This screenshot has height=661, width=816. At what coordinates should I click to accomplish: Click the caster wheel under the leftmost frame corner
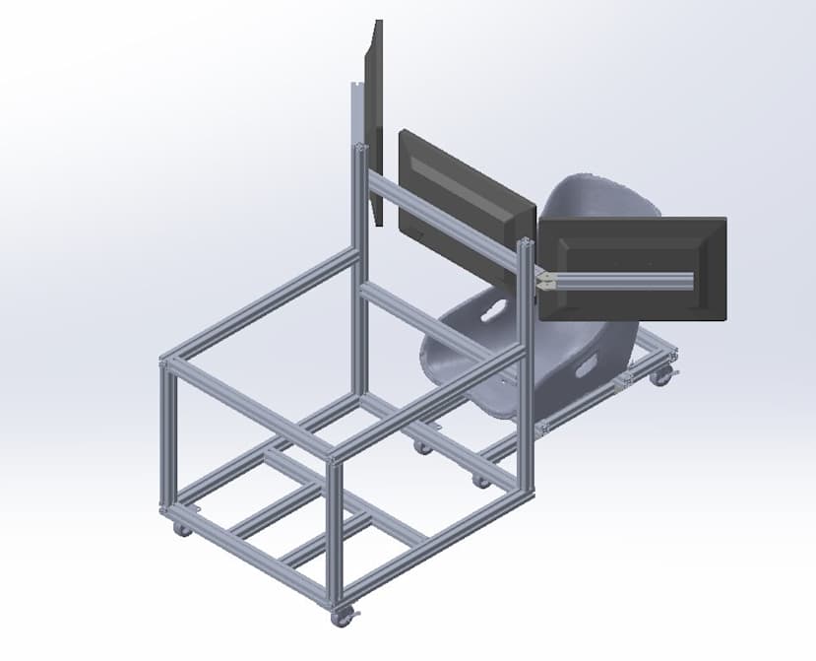point(181,528)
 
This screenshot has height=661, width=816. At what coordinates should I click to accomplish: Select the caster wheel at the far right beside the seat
point(660,375)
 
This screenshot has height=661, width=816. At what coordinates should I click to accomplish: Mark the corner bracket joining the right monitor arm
point(545,281)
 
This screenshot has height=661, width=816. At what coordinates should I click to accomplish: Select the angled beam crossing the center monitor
point(443,222)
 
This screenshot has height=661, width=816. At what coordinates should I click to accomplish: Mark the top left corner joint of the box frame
point(166,363)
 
